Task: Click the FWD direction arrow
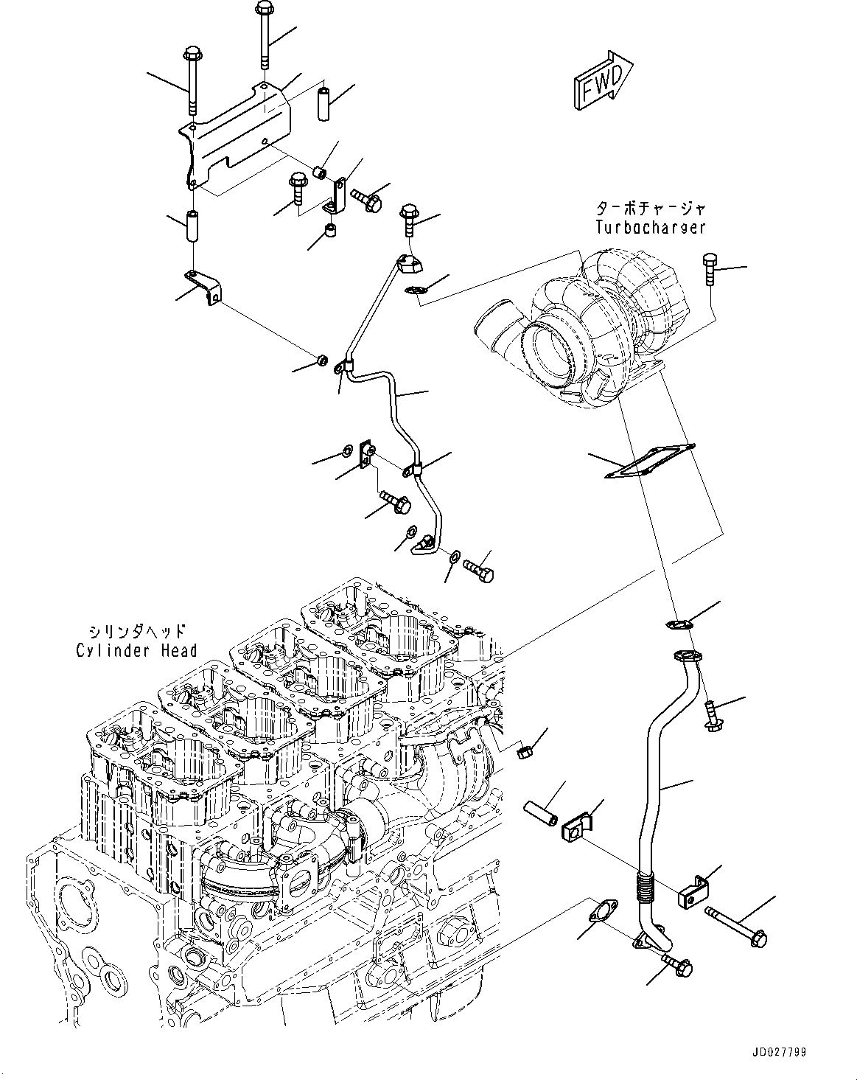pos(604,80)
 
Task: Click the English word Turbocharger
pos(651,227)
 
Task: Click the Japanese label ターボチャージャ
pos(651,208)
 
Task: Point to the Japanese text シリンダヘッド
pos(136,631)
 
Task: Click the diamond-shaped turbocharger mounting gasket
pos(650,461)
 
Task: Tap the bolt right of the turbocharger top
pos(710,270)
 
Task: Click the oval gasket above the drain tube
pos(679,624)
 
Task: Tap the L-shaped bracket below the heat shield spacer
pos(203,287)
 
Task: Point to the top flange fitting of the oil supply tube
pos(410,264)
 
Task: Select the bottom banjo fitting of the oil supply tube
pos(424,546)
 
